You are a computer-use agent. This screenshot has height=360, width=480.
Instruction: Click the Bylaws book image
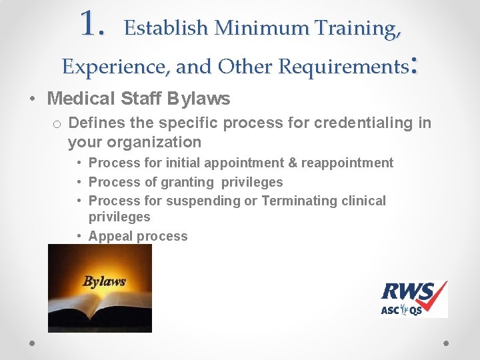click(x=100, y=288)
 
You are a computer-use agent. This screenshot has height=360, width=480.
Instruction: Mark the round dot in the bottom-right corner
click(x=446, y=342)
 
